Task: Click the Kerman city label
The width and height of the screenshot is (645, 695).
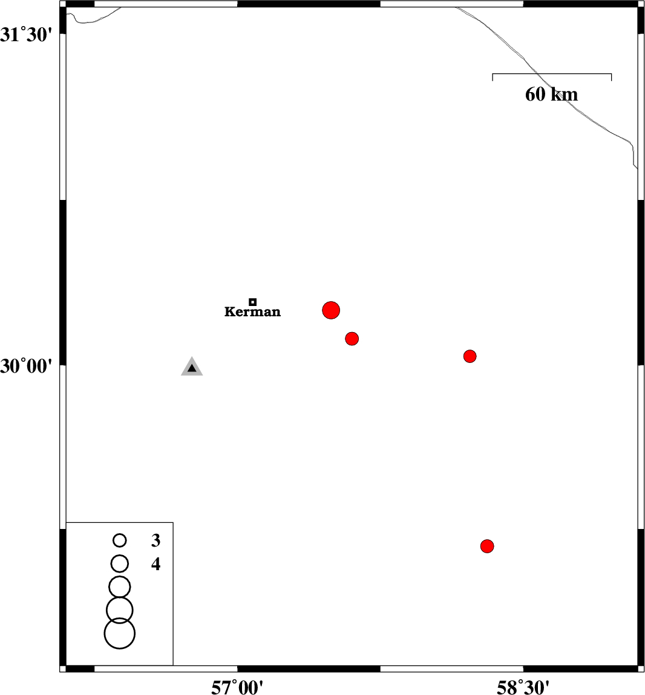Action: (x=252, y=312)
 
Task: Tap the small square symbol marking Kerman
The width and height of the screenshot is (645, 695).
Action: (x=253, y=302)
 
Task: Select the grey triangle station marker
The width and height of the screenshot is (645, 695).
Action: (x=192, y=367)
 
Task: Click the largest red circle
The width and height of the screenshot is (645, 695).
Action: (x=331, y=310)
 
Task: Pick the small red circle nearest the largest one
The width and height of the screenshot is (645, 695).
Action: (x=352, y=339)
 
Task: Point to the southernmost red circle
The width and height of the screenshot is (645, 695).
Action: (x=487, y=547)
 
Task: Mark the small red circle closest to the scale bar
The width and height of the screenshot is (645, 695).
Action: (x=470, y=356)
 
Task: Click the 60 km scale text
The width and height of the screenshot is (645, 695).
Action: (x=551, y=95)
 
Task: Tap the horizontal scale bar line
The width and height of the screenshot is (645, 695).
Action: (x=552, y=74)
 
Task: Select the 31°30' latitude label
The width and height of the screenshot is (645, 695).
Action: (x=28, y=35)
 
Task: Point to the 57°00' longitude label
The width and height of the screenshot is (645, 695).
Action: (x=238, y=687)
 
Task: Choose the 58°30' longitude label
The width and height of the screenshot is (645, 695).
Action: (x=523, y=687)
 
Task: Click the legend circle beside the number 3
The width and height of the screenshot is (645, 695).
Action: (x=120, y=540)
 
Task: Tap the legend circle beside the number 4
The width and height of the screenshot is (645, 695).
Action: (x=120, y=564)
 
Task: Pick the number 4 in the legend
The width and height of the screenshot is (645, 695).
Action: (x=156, y=565)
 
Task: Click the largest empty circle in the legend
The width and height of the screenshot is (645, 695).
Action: (x=120, y=634)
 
